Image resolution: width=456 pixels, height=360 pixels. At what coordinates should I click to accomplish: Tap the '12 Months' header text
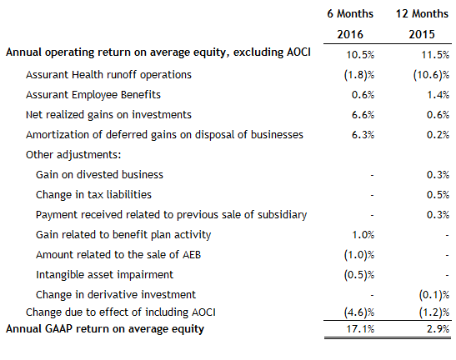point(422,14)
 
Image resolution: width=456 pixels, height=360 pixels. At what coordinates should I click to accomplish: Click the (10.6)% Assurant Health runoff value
point(432,74)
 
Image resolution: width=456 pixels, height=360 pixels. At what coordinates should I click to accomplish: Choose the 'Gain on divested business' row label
point(99,174)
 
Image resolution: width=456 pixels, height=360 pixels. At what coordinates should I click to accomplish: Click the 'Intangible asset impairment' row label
point(104,274)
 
